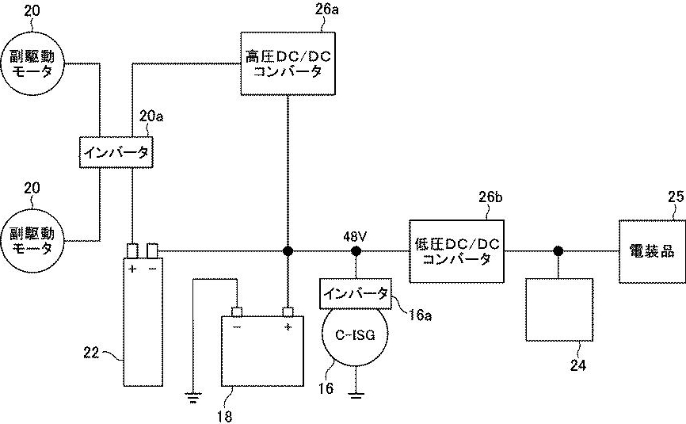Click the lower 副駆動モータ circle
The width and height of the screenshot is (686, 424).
[32, 240]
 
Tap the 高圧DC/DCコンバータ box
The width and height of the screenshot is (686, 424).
[287, 63]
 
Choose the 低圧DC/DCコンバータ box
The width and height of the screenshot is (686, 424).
[457, 250]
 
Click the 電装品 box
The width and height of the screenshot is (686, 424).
[650, 251]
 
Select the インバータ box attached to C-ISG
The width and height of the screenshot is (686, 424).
[354, 292]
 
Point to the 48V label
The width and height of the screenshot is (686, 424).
[356, 235]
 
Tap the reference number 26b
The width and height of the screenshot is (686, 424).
[491, 196]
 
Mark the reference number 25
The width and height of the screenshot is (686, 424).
[674, 196]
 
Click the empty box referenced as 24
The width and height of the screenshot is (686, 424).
[559, 309]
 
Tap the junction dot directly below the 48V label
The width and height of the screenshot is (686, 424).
[356, 251]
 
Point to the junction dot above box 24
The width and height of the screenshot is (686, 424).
[559, 251]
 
